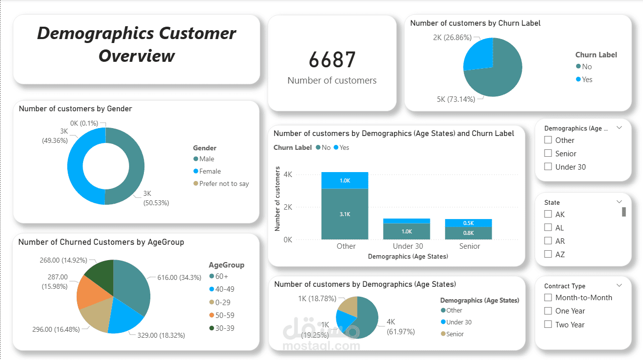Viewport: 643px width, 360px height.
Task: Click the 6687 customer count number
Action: (x=332, y=60)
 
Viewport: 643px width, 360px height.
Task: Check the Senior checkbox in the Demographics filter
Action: (x=548, y=153)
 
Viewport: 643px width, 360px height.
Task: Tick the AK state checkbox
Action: (x=548, y=214)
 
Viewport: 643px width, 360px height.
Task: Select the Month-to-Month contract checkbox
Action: (x=548, y=297)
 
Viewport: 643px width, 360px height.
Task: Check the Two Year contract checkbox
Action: (x=548, y=324)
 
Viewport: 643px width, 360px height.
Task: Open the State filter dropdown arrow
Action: (x=619, y=202)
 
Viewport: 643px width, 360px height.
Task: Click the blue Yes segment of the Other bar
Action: (x=345, y=180)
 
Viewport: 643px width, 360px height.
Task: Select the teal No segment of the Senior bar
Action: (x=468, y=233)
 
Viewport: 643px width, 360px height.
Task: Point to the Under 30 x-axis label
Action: (x=408, y=246)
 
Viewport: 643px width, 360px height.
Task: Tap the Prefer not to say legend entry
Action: (x=224, y=183)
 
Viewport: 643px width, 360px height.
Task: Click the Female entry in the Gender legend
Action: (x=210, y=171)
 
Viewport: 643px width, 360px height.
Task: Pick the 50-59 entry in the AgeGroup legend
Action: (x=220, y=315)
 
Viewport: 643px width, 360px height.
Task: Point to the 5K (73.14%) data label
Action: (x=456, y=99)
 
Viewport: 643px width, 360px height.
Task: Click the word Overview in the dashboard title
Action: (x=137, y=55)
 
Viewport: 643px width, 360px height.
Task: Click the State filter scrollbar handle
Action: (x=624, y=212)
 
